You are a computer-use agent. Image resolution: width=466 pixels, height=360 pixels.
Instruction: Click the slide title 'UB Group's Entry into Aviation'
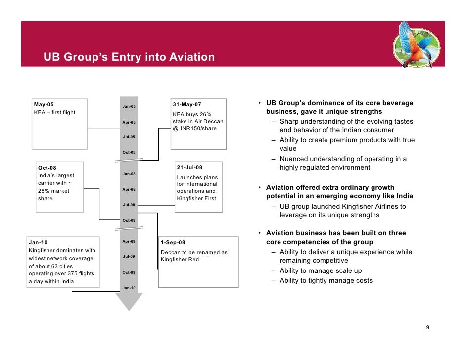pyautogui.click(x=129, y=57)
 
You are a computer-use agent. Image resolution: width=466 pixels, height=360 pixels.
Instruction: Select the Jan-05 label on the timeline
pyautogui.click(x=129, y=107)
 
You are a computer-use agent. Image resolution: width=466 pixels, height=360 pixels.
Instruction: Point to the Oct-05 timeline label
pyautogui.click(x=129, y=152)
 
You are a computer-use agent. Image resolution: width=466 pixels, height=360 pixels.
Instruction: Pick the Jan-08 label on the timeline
pyautogui.click(x=129, y=174)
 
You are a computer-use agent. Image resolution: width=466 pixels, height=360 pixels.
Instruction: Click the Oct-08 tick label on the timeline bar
pyautogui.click(x=129, y=220)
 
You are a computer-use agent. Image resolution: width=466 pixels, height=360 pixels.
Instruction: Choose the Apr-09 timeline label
pyautogui.click(x=129, y=241)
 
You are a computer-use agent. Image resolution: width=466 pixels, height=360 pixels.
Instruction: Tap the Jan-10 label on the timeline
pyautogui.click(x=129, y=288)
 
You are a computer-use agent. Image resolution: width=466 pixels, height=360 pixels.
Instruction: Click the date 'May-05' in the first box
pyautogui.click(x=44, y=104)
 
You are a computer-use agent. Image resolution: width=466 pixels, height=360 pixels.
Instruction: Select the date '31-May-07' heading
pyautogui.click(x=187, y=104)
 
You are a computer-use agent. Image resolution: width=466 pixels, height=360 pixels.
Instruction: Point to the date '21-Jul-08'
pyautogui.click(x=189, y=167)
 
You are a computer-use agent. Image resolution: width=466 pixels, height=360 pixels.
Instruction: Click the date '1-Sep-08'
pyautogui.click(x=173, y=242)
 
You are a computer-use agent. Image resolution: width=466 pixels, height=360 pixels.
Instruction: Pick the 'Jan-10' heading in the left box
pyautogui.click(x=38, y=242)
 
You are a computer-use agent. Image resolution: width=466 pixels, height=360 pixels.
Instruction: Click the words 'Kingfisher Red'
pyautogui.click(x=179, y=259)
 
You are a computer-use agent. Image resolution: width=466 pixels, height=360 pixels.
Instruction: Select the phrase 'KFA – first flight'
pyautogui.click(x=54, y=112)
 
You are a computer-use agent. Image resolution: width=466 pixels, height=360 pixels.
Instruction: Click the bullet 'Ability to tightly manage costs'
pyautogui.click(x=326, y=280)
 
